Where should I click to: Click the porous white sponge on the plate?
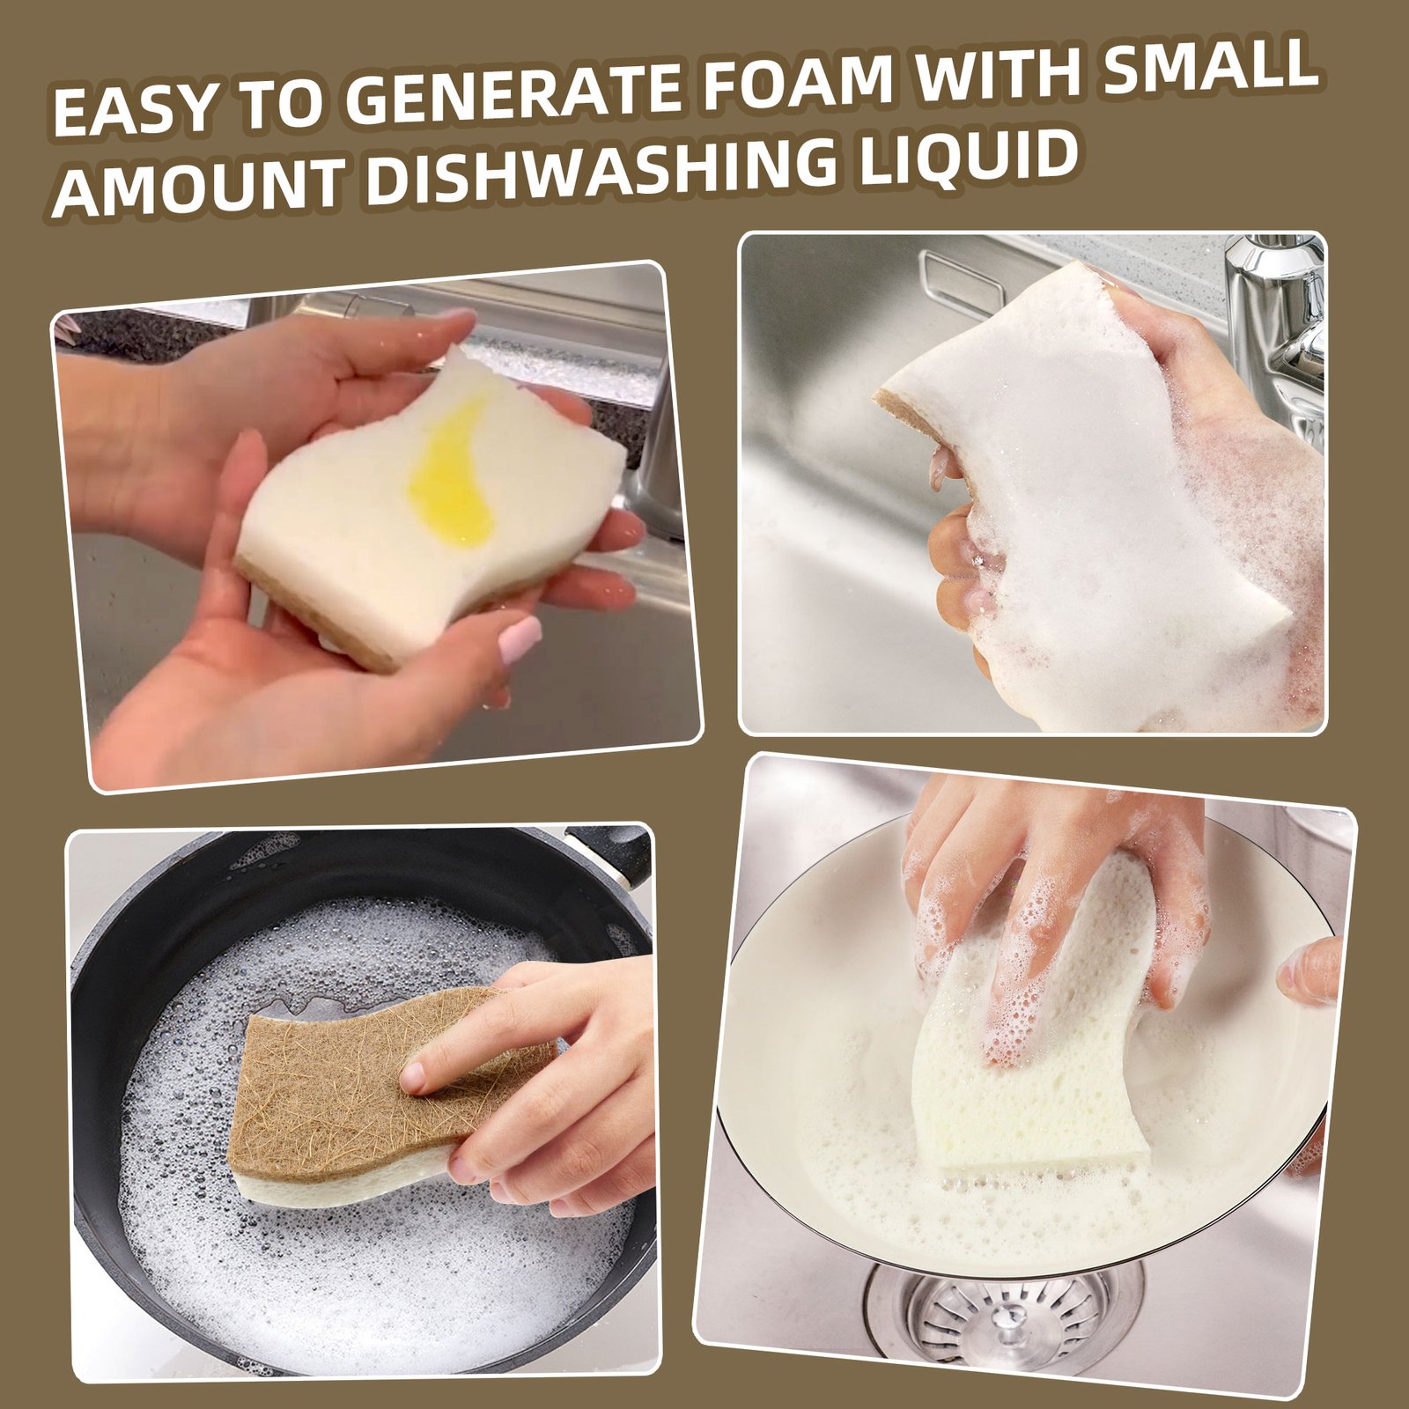pyautogui.click(x=1030, y=1039)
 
